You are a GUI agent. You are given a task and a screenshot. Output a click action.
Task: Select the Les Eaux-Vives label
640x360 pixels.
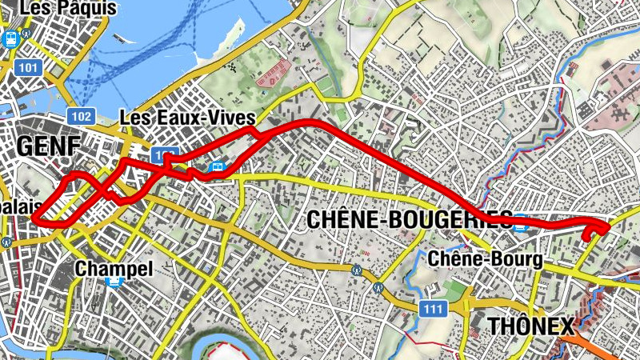click(x=187, y=118)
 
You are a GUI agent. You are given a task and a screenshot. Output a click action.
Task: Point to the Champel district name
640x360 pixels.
click(x=114, y=269)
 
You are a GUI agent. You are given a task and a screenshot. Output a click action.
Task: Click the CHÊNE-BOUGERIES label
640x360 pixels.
click(x=409, y=219)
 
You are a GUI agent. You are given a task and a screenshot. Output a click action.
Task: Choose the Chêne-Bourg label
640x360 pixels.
click(x=486, y=259)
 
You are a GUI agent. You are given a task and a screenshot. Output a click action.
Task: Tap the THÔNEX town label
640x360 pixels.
click(x=531, y=326)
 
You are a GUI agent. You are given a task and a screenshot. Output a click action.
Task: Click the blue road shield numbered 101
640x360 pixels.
click(x=28, y=67)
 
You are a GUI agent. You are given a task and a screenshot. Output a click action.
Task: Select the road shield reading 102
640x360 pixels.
click(x=81, y=115)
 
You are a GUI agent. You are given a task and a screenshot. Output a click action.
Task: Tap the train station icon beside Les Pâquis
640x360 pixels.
click(x=11, y=38)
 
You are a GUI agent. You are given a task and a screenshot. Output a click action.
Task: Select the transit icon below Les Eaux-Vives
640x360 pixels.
click(x=218, y=167)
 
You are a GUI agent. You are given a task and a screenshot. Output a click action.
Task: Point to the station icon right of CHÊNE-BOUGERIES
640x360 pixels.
click(x=522, y=222)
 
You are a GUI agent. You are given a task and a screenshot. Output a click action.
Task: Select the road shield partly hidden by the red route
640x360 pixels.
click(x=163, y=153)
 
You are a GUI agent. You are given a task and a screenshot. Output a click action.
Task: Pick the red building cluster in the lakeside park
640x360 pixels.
click(x=273, y=74)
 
